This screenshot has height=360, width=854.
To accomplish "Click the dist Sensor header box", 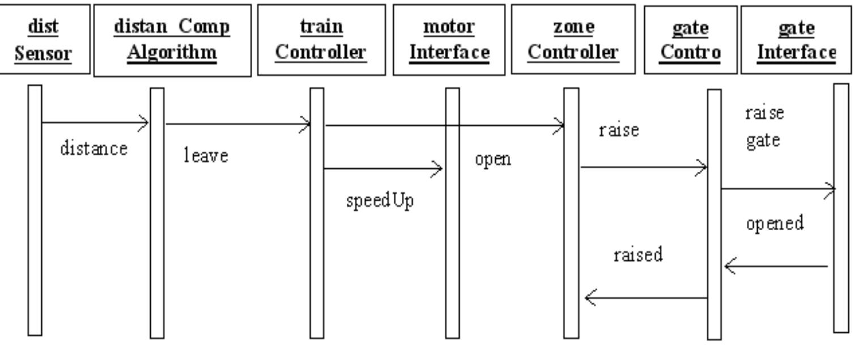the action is (45, 39).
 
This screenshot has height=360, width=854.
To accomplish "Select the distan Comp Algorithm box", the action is (172, 40).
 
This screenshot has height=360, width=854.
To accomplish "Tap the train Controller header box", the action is (321, 40).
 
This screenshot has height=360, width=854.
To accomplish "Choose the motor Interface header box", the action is (449, 40).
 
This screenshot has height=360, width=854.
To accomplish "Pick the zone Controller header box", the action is (573, 39).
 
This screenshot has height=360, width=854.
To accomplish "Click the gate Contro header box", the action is (690, 40).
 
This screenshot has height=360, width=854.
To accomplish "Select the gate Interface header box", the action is (796, 40).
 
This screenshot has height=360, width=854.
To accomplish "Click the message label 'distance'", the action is (94, 149).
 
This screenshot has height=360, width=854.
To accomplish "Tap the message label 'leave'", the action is (206, 155).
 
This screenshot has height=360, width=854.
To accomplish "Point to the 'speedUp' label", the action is (380, 201).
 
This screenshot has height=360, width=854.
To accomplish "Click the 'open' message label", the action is (493, 159).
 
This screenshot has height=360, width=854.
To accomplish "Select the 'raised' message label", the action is (638, 255).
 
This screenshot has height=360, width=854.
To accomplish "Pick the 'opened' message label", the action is (775, 223).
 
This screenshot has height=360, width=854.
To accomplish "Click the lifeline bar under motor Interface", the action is (453, 213).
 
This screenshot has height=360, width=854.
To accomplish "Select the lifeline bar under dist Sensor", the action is (35, 210).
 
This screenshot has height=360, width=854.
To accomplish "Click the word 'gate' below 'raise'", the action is (763, 141).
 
